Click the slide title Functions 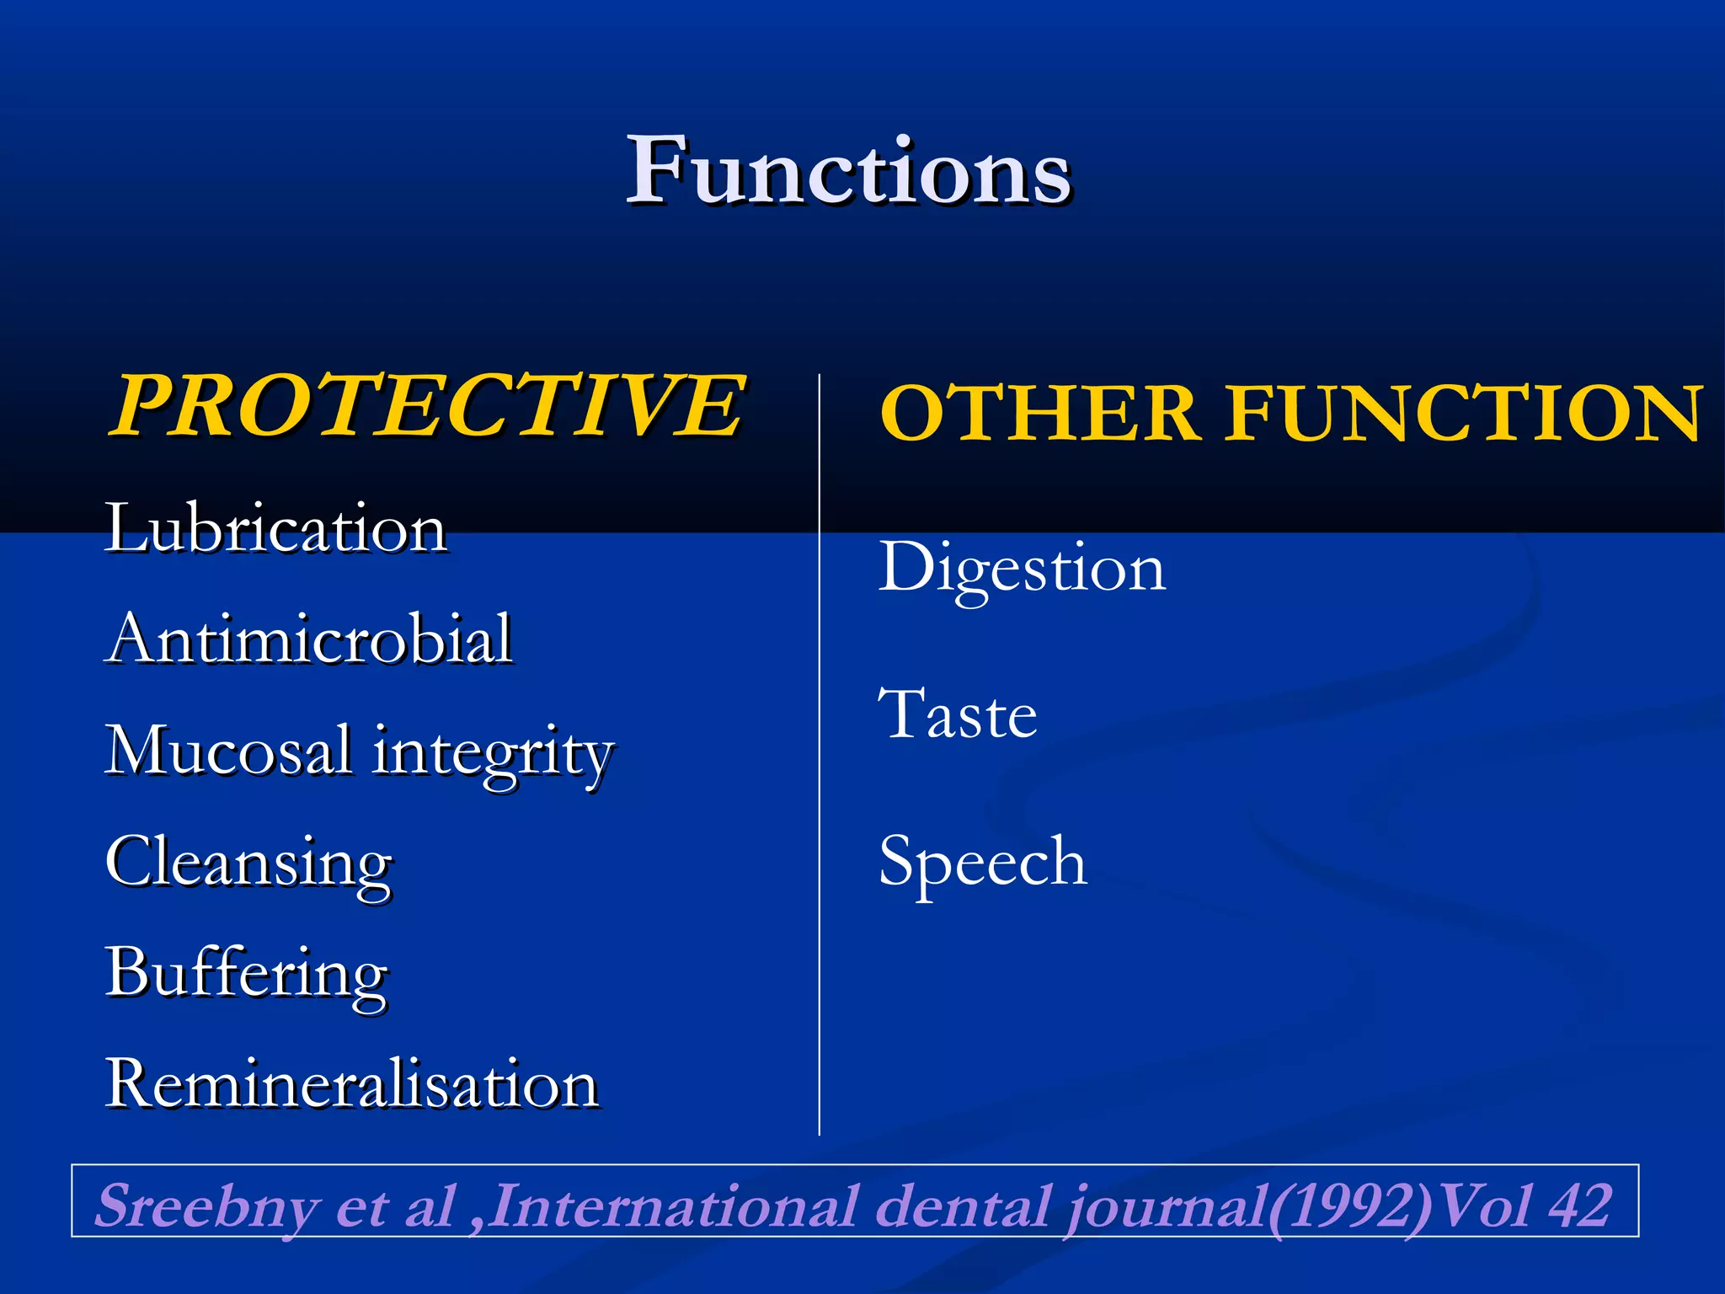[849, 172]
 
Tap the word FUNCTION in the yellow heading [1464, 413]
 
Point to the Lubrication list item [275, 529]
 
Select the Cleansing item [249, 863]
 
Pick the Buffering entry [247, 974]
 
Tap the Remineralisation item [352, 1083]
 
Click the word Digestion [1022, 568]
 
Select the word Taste [958, 714]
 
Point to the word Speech [983, 863]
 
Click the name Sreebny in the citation [207, 1205]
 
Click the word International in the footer [674, 1205]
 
